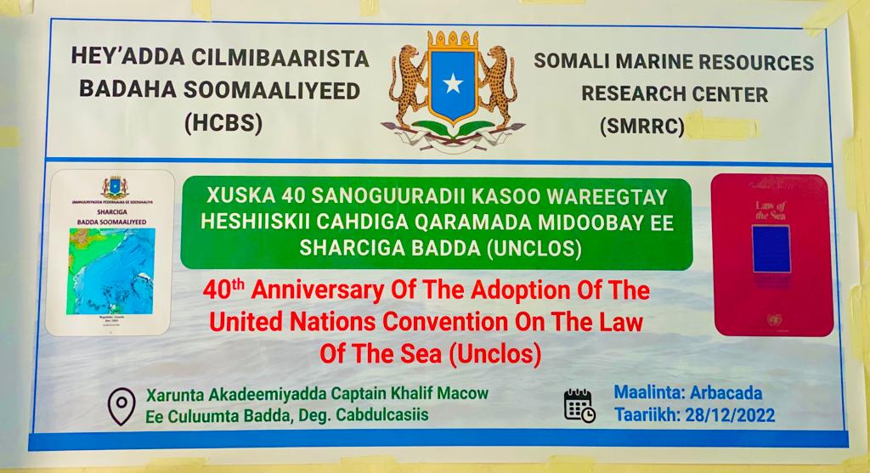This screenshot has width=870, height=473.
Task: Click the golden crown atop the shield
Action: [452, 40]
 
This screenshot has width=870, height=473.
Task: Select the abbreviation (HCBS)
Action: [223, 124]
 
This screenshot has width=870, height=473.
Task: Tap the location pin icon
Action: [121, 407]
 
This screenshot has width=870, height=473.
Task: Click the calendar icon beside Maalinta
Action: [579, 405]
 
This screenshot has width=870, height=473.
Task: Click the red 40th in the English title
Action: [226, 291]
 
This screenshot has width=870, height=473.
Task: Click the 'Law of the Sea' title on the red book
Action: [771, 208]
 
